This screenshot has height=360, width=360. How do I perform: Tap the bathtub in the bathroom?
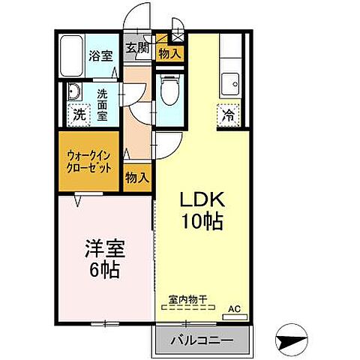click(72, 56)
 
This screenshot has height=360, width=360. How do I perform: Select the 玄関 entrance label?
click(136, 48)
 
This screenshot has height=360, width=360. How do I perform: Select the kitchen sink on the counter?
click(229, 81)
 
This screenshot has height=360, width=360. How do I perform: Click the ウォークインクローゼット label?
click(89, 160)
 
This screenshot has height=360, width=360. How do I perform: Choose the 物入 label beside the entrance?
click(169, 53)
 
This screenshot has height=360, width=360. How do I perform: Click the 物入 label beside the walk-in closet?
click(136, 178)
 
